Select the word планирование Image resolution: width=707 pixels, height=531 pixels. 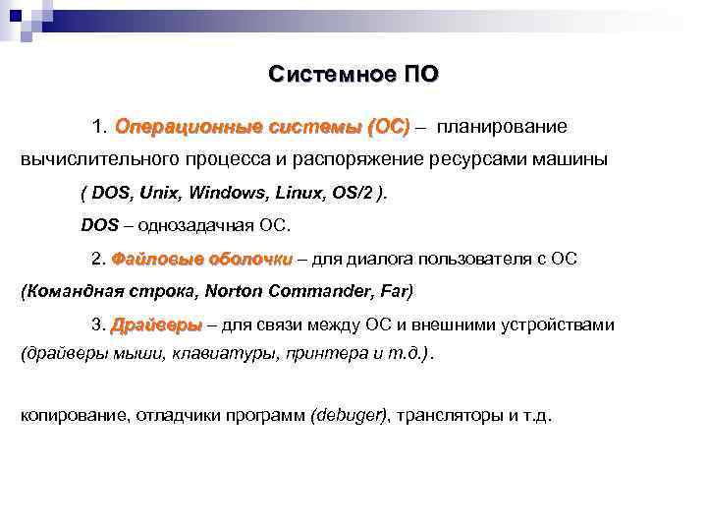(502, 127)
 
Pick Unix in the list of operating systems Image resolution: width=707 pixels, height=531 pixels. (161, 193)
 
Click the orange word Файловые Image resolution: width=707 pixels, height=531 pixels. (157, 259)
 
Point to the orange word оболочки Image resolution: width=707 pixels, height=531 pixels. (249, 259)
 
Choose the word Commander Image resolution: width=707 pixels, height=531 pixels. (323, 291)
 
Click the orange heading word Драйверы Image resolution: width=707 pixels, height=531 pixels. (156, 324)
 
